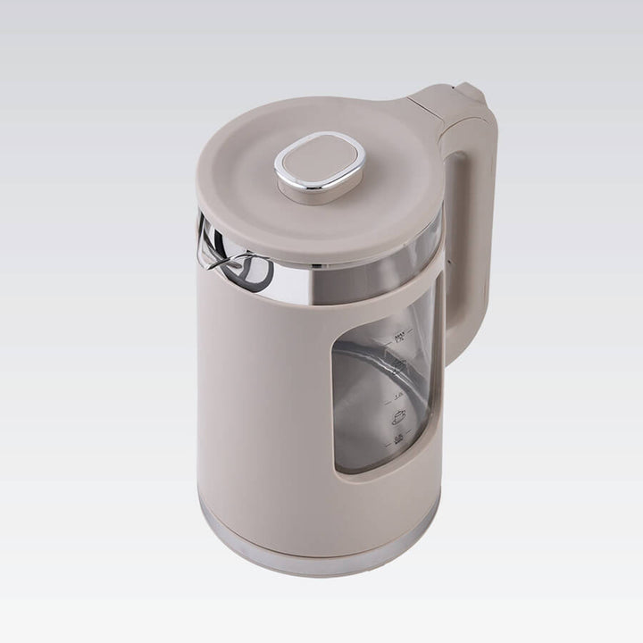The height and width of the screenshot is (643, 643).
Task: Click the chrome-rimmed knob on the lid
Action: pos(320,166)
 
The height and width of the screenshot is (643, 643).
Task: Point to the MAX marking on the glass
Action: pos(399,337)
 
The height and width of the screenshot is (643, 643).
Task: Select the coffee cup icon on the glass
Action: pos(398,416)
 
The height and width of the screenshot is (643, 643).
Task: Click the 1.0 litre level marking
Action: pos(398,393)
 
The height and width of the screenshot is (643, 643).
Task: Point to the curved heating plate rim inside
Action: pos(366,357)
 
